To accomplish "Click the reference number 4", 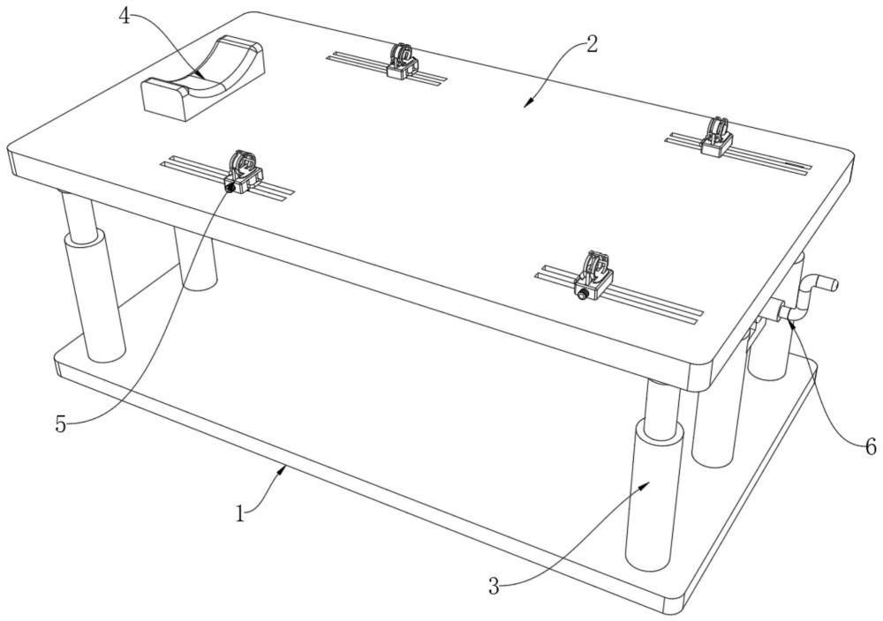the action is [125, 17].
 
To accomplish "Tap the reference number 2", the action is [591, 44].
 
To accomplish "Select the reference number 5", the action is [61, 424].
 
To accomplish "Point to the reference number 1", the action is [240, 513].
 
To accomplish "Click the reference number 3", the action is [494, 587].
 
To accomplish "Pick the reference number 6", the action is [871, 447].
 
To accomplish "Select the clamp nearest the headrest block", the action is [402, 61].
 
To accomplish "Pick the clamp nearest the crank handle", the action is [716, 136].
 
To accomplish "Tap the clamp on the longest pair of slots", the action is [593, 275].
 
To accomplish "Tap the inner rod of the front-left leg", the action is [79, 217].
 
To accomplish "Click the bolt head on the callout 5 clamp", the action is [230, 188].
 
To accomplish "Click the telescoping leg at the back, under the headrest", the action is [195, 258].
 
